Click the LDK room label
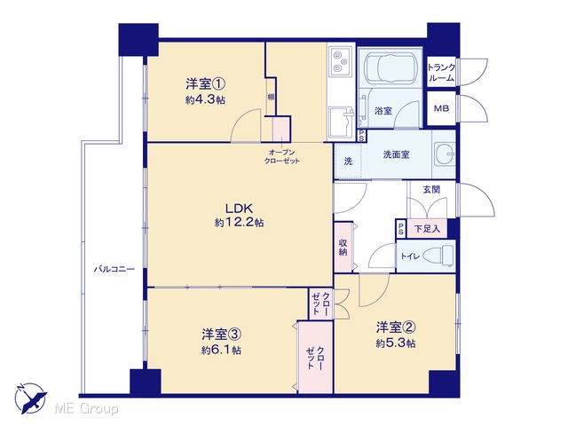(239, 209)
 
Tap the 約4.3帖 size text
(205, 99)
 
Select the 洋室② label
(396, 327)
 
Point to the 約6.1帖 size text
(221, 350)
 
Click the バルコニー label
(114, 269)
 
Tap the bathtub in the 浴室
(390, 68)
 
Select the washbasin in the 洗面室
(445, 154)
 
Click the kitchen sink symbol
(341, 122)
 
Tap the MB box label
(441, 108)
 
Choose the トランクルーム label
(441, 73)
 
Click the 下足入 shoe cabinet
(427, 229)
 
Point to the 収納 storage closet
(343, 247)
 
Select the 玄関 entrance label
(431, 189)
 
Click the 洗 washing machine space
(348, 162)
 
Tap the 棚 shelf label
(271, 97)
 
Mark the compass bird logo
(31, 398)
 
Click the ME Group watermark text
(86, 409)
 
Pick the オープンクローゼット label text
(282, 156)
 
